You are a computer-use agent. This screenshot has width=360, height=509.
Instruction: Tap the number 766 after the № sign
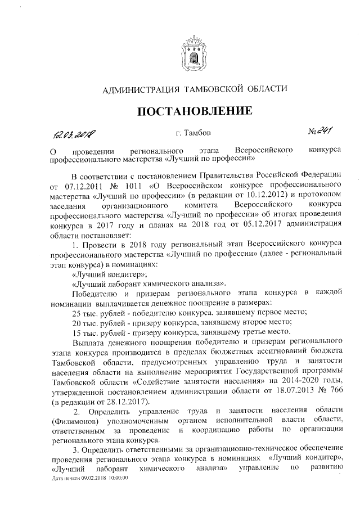tap(335, 391)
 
